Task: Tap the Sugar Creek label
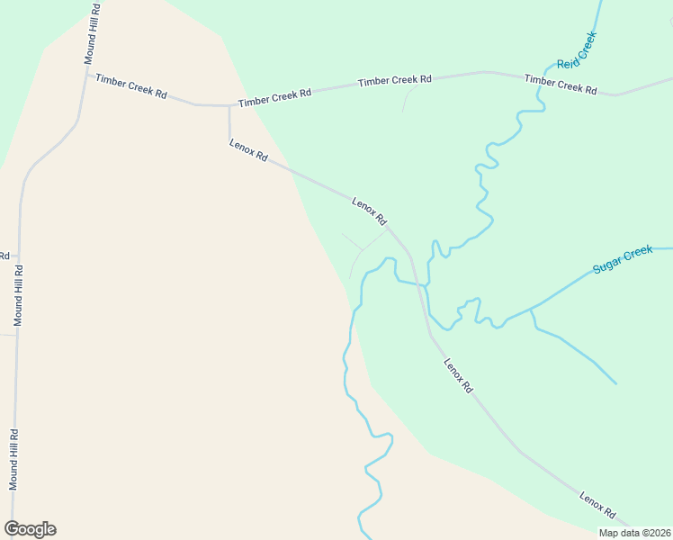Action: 623,260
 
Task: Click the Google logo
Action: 30,529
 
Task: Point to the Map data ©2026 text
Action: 634,533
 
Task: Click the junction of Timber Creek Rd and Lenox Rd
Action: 229,106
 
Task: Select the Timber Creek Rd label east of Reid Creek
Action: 561,85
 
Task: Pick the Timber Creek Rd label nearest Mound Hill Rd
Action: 131,86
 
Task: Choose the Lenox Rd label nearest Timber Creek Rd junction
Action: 248,150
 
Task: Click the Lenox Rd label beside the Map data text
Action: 597,506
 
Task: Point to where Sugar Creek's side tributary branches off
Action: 531,309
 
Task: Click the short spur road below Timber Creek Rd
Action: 406,99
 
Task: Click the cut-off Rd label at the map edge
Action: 4,256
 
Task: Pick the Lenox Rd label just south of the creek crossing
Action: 458,375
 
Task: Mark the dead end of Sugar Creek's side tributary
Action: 616,383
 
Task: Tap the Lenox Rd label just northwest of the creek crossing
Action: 369,212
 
